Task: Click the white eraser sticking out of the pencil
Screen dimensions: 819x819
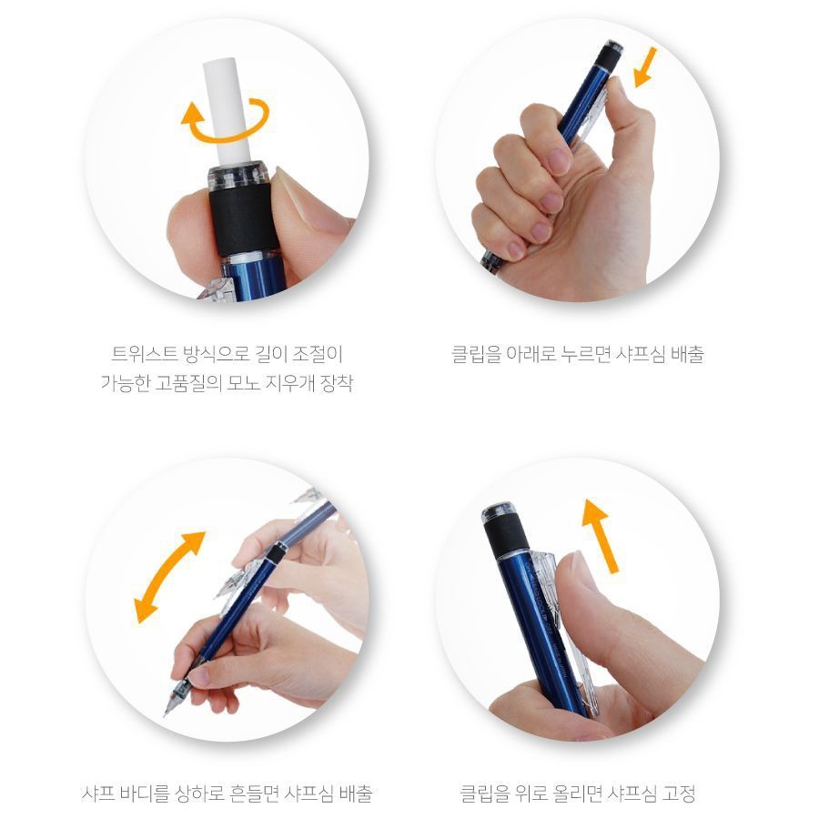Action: click(227, 112)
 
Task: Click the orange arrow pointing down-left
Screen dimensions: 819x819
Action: click(644, 68)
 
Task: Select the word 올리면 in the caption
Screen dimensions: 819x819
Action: click(577, 794)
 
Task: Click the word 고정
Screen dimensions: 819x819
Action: click(679, 794)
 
